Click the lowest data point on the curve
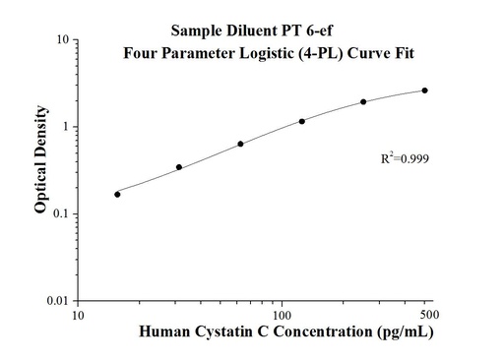(117, 194)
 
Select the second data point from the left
(178, 167)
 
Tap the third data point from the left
(240, 144)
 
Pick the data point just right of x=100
(301, 121)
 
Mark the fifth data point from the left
(363, 101)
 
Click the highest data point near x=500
(424, 90)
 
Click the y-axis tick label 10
(61, 40)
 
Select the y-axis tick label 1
(64, 127)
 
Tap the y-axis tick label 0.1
(59, 213)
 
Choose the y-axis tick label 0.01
(56, 300)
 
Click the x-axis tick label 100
(283, 316)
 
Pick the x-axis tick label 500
(427, 314)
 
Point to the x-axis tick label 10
(80, 316)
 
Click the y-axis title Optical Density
(40, 170)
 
